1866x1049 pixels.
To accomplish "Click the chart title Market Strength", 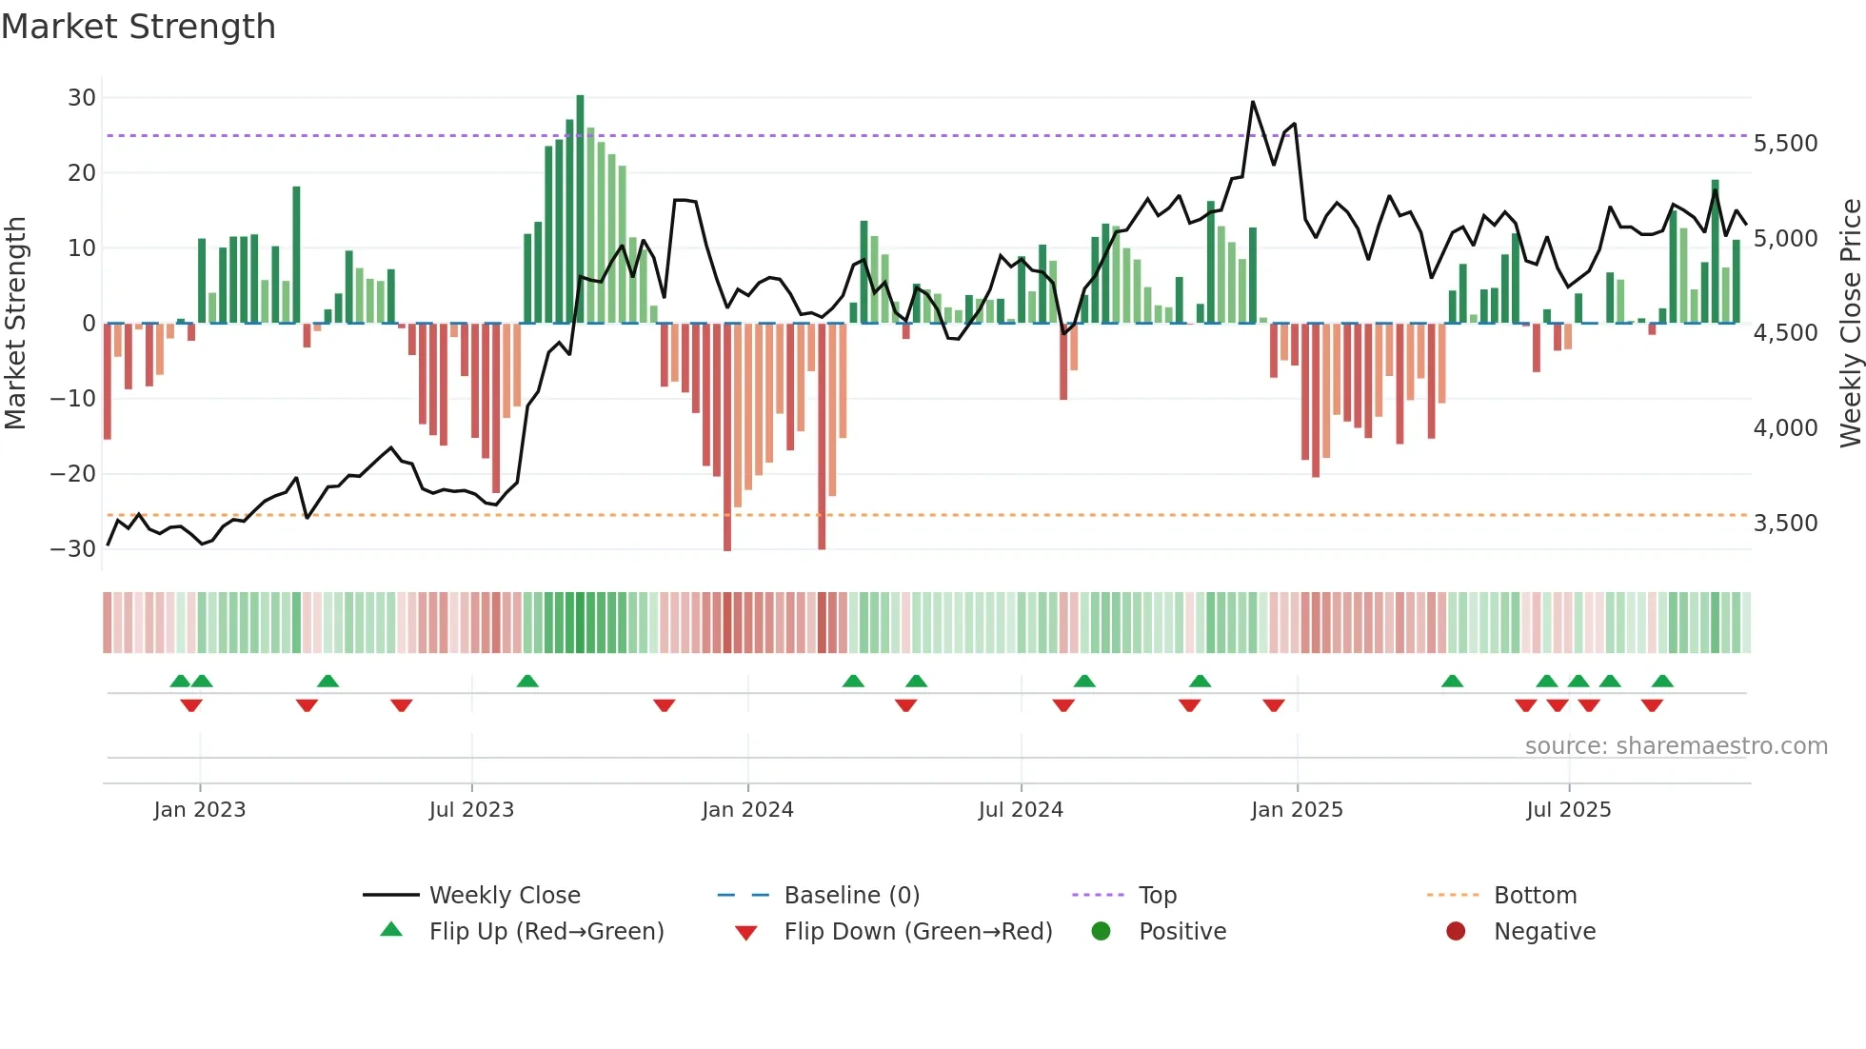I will point(138,27).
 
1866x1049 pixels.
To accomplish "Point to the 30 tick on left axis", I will point(82,98).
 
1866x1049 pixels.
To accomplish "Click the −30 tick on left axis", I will point(73,549).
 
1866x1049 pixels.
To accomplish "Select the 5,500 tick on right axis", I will point(1785,144).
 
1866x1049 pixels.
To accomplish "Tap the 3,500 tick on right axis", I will point(1785,524).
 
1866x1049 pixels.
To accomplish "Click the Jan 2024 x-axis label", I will point(747,810).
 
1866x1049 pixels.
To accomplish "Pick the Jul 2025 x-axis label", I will point(1568,810).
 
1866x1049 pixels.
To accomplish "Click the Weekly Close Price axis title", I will point(1850,324).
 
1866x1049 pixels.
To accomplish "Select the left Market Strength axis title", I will point(15,324).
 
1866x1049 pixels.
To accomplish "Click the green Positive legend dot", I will point(1102,932).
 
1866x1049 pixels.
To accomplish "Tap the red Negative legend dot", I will point(1456,932).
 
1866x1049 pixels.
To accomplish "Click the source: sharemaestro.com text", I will point(1676,746).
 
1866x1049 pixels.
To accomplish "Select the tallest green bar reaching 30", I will point(580,209).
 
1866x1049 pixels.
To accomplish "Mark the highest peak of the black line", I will point(1253,102).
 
